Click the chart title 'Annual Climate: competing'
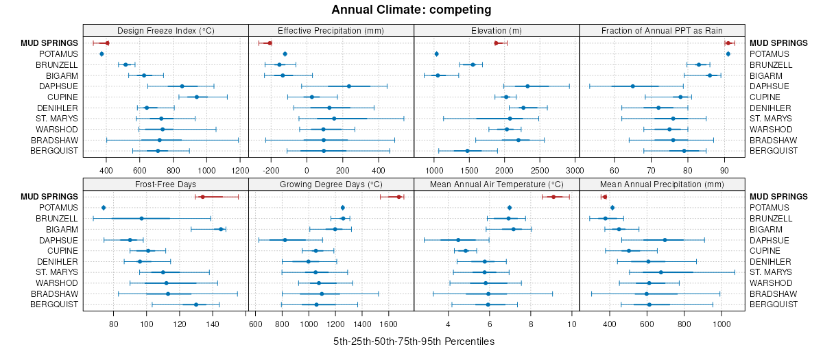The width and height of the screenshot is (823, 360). point(411,10)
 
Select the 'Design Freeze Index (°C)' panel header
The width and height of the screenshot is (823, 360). point(165,30)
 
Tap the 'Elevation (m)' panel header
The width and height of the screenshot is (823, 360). point(497,30)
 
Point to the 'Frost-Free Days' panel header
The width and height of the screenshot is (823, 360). point(165,184)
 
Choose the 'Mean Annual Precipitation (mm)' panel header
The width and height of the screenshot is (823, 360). point(662,184)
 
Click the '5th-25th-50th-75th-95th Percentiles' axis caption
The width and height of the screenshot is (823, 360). point(414,341)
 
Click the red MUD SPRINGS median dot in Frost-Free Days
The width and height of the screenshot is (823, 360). point(202,197)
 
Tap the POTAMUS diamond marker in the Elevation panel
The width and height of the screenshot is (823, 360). point(436,53)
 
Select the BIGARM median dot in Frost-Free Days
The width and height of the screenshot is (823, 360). point(221,229)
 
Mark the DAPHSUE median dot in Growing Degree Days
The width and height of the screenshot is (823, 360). point(285,240)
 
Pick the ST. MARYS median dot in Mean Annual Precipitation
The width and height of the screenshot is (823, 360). point(660,272)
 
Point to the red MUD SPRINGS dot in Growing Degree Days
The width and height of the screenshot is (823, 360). point(399,197)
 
